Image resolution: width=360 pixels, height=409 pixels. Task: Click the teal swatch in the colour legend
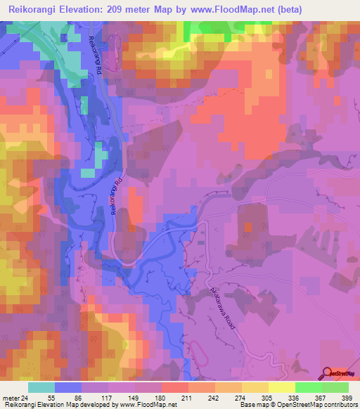pos(41,387)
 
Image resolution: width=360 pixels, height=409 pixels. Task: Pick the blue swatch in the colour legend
pos(68,387)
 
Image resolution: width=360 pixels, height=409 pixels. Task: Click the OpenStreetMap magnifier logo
pos(328,372)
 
